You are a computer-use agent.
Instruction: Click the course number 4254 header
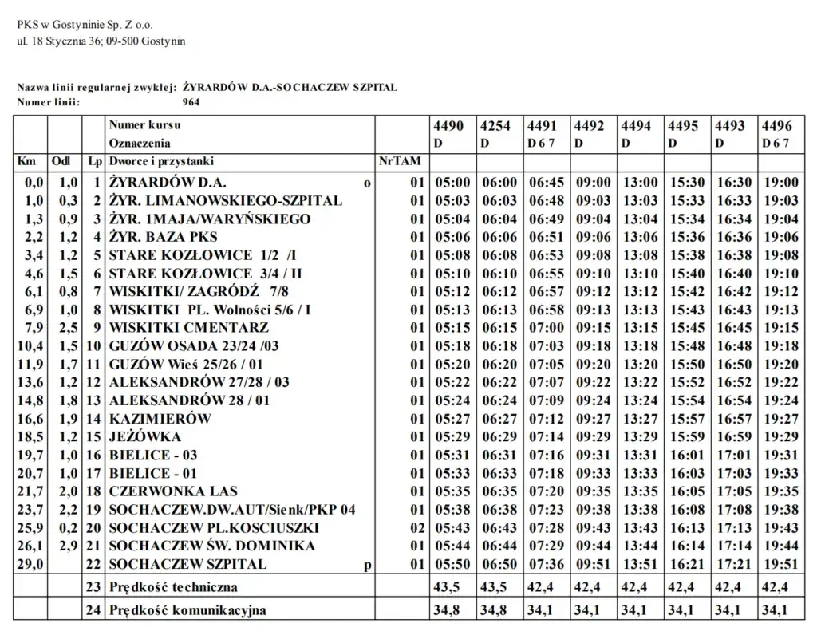[495, 126]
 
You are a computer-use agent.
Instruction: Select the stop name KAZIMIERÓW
[160, 419]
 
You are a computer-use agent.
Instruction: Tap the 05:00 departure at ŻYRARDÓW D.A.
[452, 183]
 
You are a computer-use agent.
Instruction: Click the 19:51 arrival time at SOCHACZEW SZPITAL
[780, 565]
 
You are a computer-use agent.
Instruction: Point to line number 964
[191, 102]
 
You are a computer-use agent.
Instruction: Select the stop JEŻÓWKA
[145, 437]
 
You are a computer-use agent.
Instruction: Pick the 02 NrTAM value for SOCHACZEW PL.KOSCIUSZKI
[417, 528]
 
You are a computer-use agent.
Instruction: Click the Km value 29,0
[33, 565]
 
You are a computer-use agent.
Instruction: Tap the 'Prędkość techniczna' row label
[173, 587]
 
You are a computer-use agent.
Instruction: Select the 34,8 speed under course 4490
[448, 611]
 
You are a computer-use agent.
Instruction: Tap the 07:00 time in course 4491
[546, 328]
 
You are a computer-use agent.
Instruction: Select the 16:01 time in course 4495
[686, 456]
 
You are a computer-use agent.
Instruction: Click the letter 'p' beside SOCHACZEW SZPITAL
[367, 566]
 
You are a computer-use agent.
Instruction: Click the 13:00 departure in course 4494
[640, 183]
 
